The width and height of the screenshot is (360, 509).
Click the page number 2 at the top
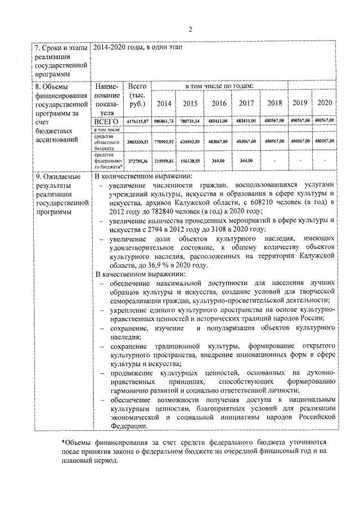(x=190, y=30)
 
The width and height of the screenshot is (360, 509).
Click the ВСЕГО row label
(x=106, y=120)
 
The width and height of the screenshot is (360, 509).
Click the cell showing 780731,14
(x=191, y=121)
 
